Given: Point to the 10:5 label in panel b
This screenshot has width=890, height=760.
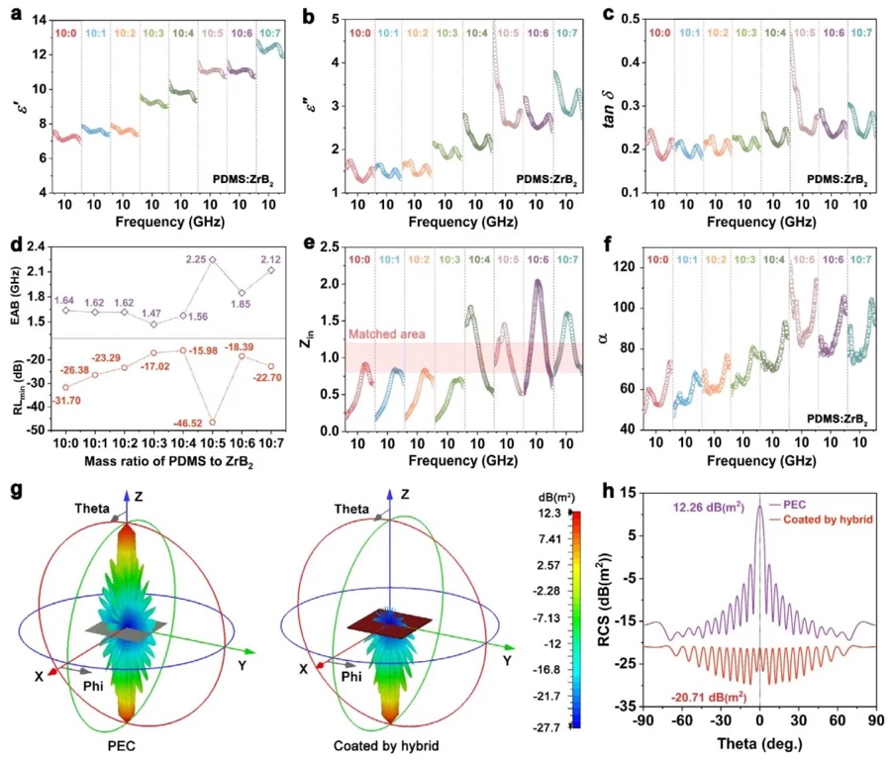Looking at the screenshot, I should [x=507, y=34].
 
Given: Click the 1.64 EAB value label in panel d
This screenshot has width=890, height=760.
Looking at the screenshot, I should [x=64, y=300].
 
